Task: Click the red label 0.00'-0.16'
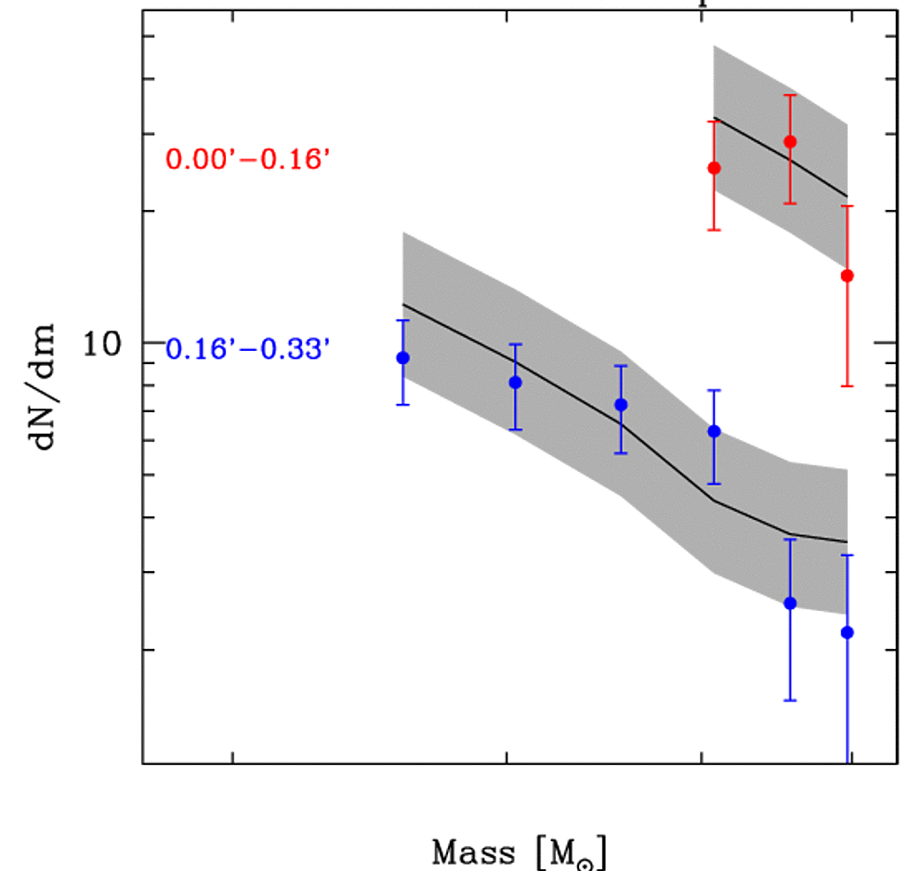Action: [248, 160]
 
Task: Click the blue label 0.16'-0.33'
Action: [248, 349]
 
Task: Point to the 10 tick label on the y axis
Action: [103, 344]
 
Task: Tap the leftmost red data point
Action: [714, 168]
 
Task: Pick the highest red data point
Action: [790, 141]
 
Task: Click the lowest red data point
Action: [847, 275]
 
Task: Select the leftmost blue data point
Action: [402, 357]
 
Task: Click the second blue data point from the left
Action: [515, 383]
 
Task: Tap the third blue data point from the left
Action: [621, 405]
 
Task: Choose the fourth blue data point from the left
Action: [714, 431]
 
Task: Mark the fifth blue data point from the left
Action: [790, 603]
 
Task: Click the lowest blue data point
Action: [847, 632]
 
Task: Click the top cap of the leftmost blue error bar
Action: [402, 320]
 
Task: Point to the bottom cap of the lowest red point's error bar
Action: [847, 385]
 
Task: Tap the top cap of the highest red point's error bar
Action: [790, 95]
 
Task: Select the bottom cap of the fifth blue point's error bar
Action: [790, 700]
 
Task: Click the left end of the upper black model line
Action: [714, 119]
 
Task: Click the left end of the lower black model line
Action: [402, 304]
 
